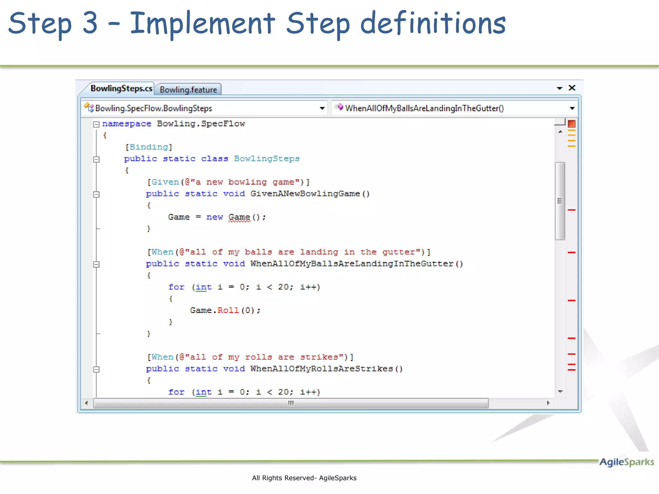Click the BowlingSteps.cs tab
coord(121,88)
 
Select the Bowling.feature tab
coord(188,90)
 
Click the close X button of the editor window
coord(572,88)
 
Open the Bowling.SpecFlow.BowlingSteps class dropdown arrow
coord(322,108)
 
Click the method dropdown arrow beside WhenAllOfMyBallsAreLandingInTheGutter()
coord(572,108)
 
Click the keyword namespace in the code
coord(126,124)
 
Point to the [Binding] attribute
coord(149,147)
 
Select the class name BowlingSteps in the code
coord(267,159)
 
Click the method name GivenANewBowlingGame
coord(305,194)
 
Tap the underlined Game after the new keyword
coord(239,217)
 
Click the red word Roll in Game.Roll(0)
coord(228,310)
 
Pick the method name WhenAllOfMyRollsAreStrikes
coord(321,369)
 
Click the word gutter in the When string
coord(399,252)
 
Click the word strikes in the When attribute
coord(319,357)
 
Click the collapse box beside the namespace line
coord(96,124)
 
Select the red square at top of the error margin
coord(571,124)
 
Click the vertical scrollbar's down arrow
coord(560,391)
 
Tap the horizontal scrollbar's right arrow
coord(548,403)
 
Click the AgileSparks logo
coord(626,462)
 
